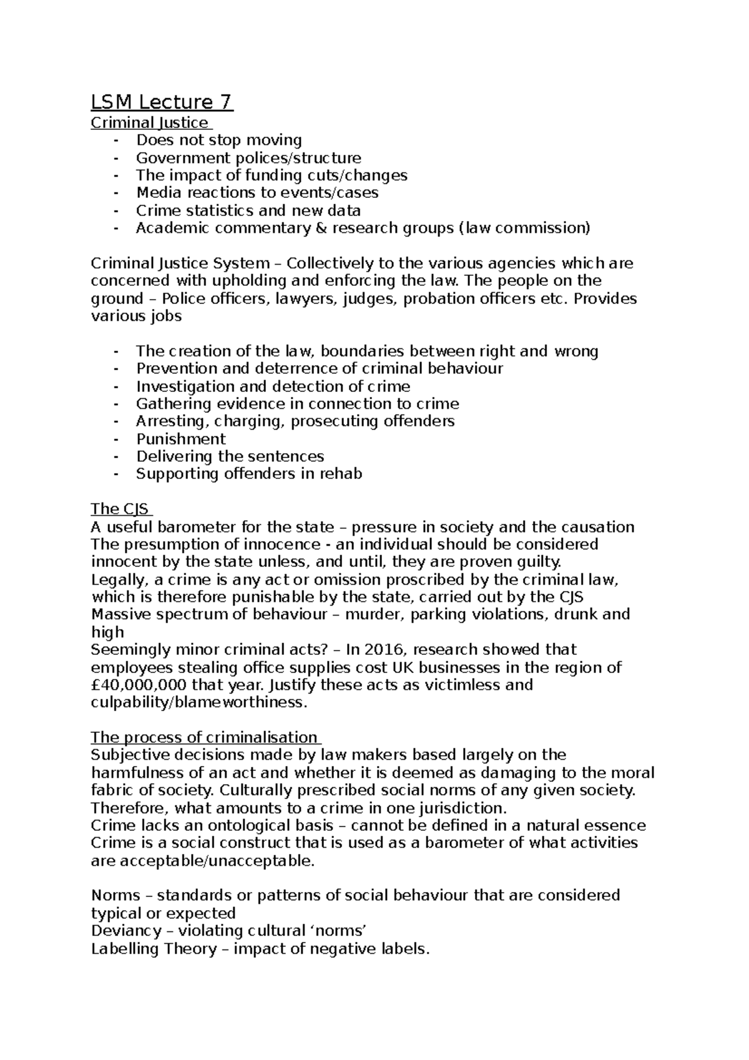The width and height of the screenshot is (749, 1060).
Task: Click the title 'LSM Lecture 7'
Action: [162, 102]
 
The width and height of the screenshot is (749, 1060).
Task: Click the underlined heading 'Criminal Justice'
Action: [150, 122]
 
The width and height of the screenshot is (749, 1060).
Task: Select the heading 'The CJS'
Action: [120, 509]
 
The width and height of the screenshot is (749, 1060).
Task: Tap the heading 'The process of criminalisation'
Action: [204, 737]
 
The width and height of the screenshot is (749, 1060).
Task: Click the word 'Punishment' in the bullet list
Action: [181, 439]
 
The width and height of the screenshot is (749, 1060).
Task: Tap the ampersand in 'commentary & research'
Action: [321, 228]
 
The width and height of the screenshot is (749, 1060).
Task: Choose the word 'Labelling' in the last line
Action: [124, 950]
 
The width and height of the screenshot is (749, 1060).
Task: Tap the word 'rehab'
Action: [341, 474]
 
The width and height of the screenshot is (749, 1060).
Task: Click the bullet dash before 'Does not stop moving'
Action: [115, 140]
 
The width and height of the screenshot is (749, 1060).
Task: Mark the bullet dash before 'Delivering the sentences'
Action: [115, 457]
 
